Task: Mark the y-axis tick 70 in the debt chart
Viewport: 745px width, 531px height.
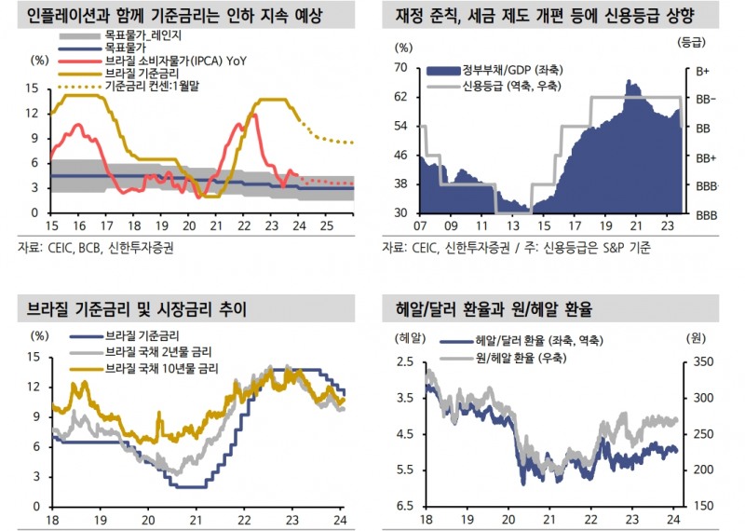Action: tap(402, 67)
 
